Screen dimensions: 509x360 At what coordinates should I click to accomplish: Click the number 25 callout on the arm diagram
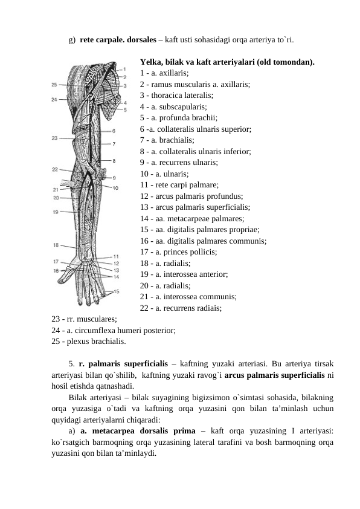tap(54, 85)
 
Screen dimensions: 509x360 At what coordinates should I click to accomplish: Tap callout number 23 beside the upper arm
tap(54, 138)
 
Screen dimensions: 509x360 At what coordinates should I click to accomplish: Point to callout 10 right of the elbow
tap(115, 188)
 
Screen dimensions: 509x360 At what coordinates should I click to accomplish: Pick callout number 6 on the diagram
tap(114, 130)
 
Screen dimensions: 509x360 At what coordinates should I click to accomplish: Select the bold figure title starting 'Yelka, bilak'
tap(227, 62)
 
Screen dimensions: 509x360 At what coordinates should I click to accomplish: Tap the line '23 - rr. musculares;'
tap(85, 319)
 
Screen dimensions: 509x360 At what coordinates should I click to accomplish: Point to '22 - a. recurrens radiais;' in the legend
tap(180, 308)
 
